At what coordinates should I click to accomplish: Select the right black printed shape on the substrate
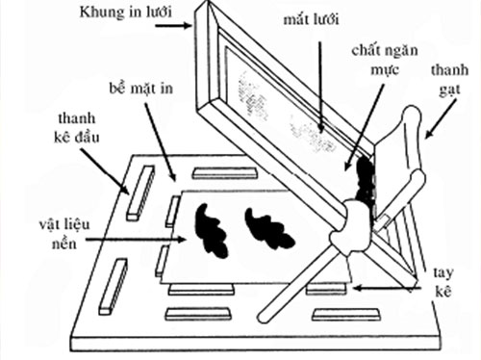click(x=268, y=228)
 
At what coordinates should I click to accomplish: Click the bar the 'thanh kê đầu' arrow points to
click(x=139, y=192)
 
